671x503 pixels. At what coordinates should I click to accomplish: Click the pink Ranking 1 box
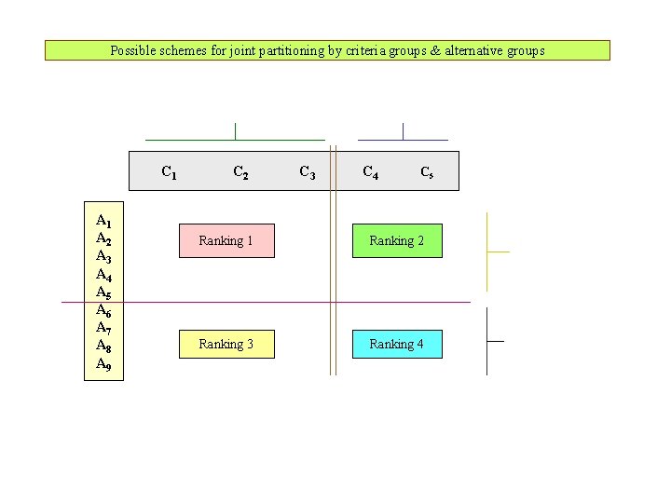pos(226,240)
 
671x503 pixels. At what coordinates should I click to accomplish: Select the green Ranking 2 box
pos(396,240)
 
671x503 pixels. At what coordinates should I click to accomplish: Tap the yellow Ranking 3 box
pos(226,345)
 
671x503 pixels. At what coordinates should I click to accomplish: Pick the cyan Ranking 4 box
pos(396,345)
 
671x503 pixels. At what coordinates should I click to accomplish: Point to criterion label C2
pos(240,171)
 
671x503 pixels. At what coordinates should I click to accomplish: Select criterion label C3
pos(307,171)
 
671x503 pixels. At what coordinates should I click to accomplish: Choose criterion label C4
pos(370,171)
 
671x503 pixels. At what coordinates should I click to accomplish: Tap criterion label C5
pos(426,171)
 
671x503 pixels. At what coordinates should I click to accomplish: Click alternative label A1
pos(103,221)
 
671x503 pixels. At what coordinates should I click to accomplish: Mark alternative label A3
pos(103,256)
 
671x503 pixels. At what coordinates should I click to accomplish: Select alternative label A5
pos(103,292)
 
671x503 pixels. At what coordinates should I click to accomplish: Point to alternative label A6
pos(103,310)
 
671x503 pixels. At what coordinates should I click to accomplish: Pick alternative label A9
pos(103,363)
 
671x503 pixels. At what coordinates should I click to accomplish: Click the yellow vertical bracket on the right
pos(487,251)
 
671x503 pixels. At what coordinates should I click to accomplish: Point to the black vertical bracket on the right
pos(487,341)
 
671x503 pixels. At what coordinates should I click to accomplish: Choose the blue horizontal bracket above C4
pos(403,139)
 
